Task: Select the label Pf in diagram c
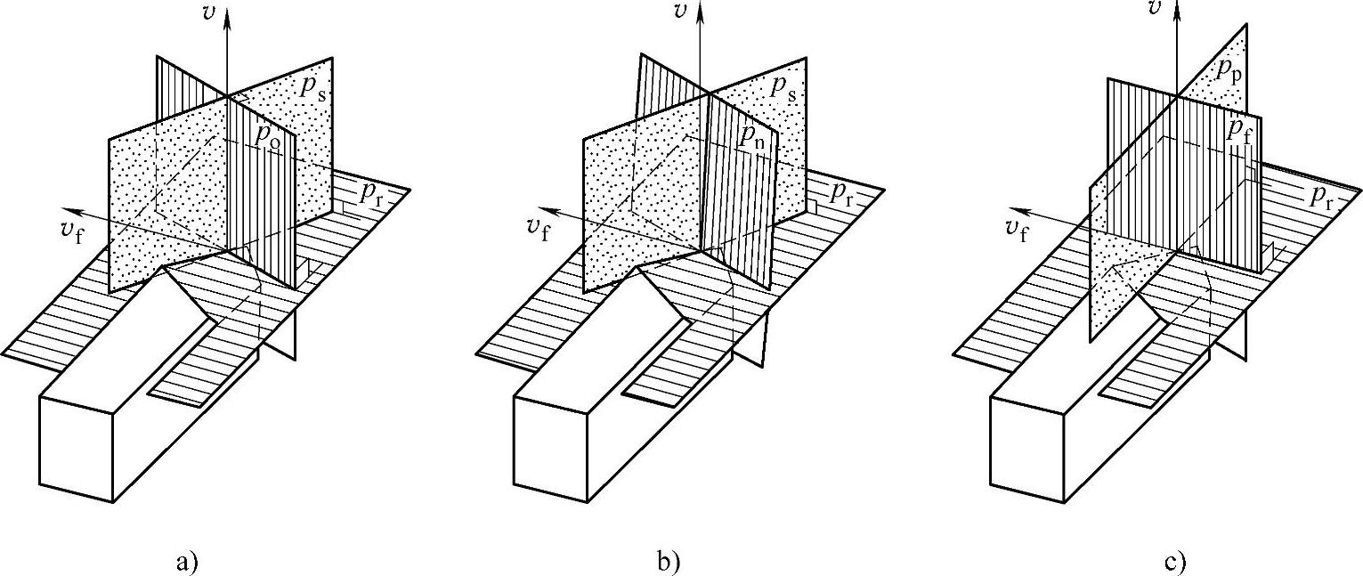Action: [1238, 130]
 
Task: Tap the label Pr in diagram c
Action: [1325, 197]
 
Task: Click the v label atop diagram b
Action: [681, 12]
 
